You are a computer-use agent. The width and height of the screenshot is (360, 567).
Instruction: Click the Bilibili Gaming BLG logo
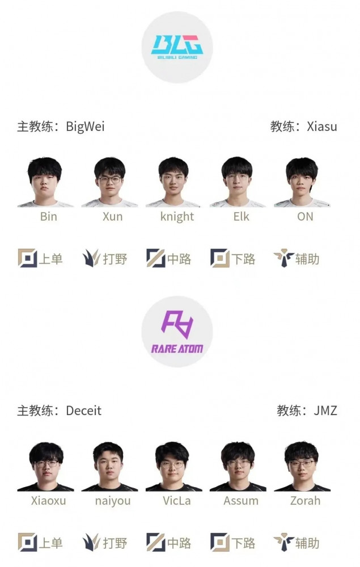click(x=177, y=47)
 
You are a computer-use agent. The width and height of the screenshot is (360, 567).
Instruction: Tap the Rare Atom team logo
click(x=177, y=332)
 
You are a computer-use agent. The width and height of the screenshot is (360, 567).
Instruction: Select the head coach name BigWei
click(x=85, y=127)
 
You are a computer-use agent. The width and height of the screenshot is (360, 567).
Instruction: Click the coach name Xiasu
click(x=322, y=126)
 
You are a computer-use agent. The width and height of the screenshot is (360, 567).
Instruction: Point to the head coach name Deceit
click(x=83, y=411)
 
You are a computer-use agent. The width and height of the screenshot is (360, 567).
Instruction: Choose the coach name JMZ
click(x=325, y=411)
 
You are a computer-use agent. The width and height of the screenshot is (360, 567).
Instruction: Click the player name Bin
click(x=48, y=216)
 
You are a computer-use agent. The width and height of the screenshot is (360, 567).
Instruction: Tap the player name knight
click(x=177, y=217)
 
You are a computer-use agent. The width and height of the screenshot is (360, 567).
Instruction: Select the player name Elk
click(x=241, y=216)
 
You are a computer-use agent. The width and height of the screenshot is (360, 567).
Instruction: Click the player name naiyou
click(x=113, y=501)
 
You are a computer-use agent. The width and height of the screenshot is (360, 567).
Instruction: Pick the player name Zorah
click(x=305, y=501)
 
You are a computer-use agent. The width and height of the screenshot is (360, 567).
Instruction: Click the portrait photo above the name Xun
click(x=109, y=182)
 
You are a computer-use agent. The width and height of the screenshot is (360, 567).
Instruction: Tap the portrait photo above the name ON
click(x=302, y=182)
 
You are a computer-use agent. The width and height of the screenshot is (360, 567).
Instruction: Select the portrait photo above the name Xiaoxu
click(x=45, y=467)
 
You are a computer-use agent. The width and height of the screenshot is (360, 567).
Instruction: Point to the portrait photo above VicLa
click(x=174, y=467)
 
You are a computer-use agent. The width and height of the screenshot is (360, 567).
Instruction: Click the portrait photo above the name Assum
click(x=238, y=467)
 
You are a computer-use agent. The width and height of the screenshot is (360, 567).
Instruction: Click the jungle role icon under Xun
click(x=91, y=258)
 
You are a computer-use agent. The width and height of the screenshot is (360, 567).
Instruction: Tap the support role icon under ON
click(x=283, y=258)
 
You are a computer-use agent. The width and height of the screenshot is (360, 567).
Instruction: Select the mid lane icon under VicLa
click(x=156, y=543)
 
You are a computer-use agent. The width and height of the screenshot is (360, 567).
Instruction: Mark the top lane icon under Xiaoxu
click(x=27, y=543)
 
